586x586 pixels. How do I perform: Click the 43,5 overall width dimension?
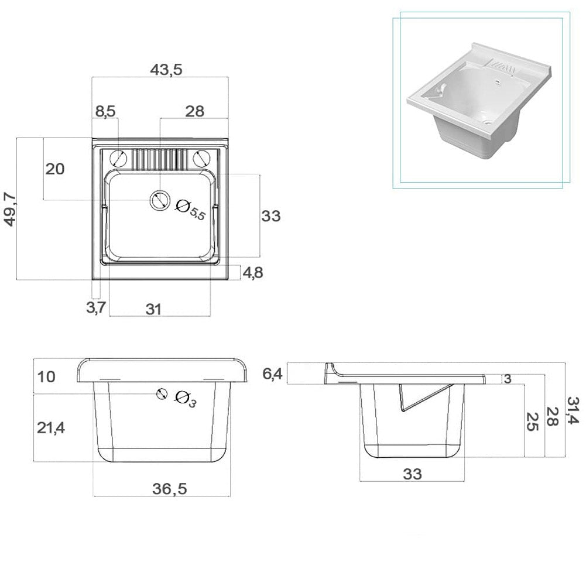coord(166,69)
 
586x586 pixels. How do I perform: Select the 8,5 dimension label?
coord(105,111)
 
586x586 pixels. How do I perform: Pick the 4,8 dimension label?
coord(253,272)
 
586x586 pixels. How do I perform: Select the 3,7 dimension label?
coord(95,307)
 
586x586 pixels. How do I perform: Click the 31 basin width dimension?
coord(153,309)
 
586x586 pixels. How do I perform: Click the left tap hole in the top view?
coord(119,158)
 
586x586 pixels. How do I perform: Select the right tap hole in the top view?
coord(201,158)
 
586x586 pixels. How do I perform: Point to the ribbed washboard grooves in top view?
coord(160,159)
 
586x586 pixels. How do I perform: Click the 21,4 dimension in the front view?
coord(50,428)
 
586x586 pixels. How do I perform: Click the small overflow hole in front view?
coord(162,394)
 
